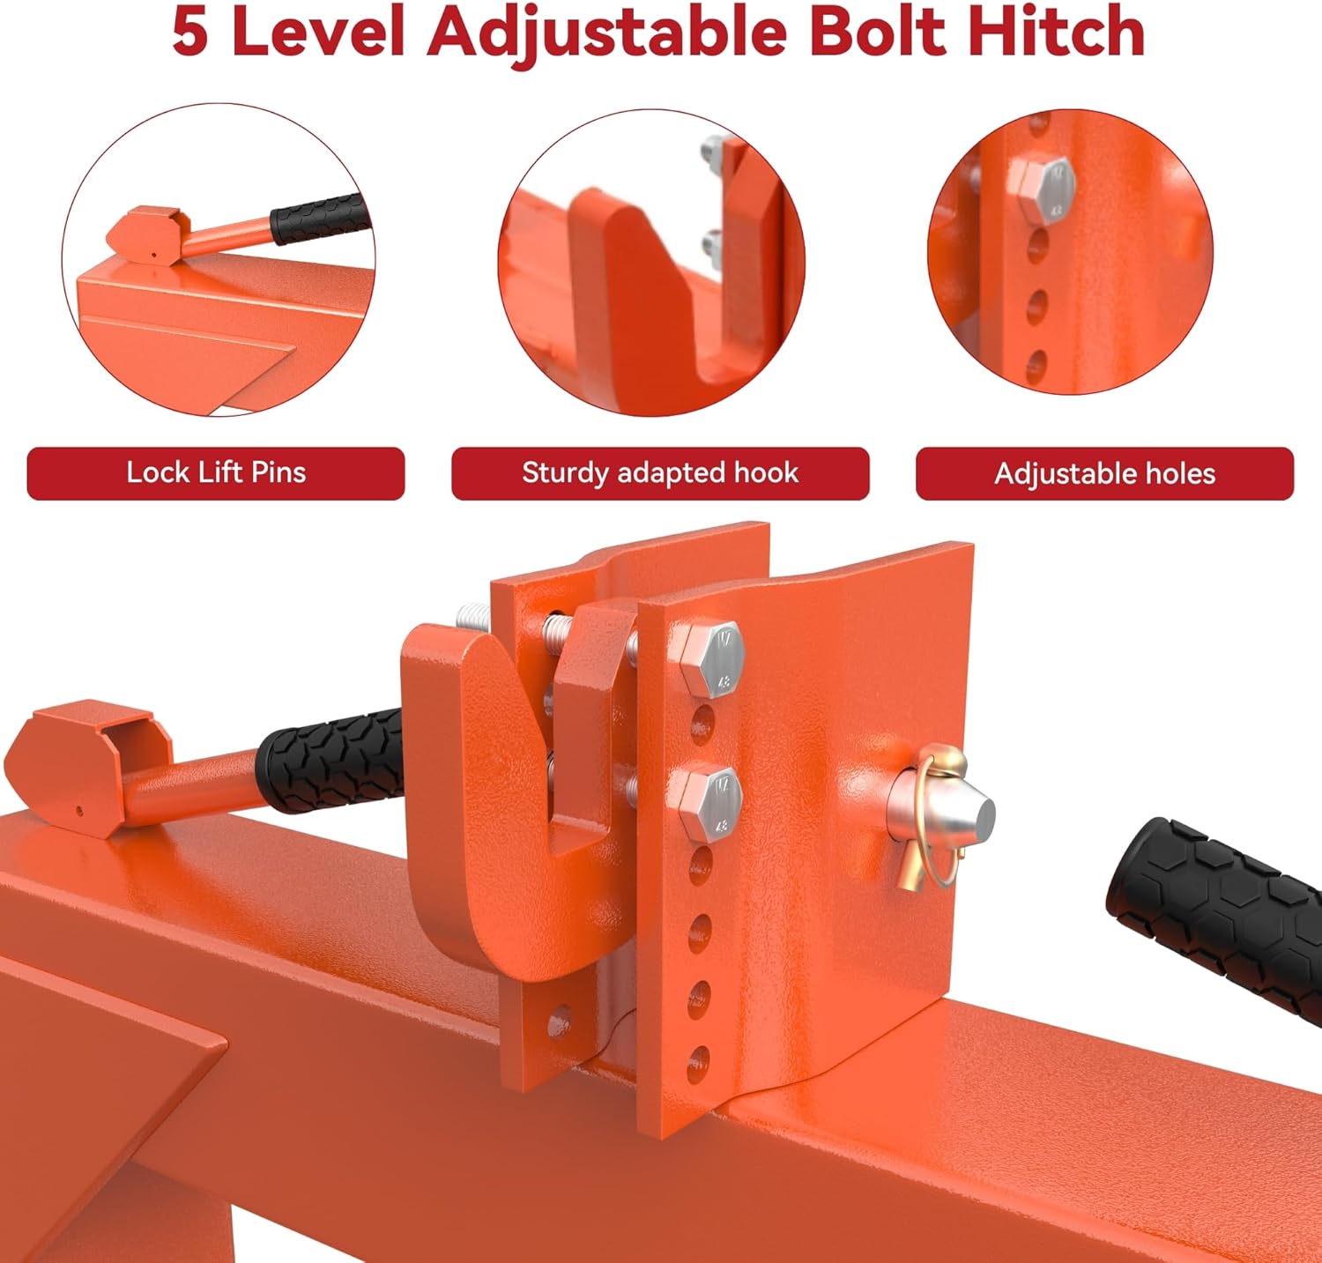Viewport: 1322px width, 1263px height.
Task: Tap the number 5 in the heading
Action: pos(190,32)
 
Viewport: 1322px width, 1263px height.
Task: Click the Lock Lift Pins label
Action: pos(216,473)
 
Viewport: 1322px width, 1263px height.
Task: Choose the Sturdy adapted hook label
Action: pos(660,473)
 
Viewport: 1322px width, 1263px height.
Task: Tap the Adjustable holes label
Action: pos(1104,474)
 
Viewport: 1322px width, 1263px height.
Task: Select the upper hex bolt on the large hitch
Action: pos(711,658)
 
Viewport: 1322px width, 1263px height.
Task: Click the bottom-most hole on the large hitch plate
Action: pos(699,1056)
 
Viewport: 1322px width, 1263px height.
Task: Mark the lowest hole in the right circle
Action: pos(1037,362)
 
